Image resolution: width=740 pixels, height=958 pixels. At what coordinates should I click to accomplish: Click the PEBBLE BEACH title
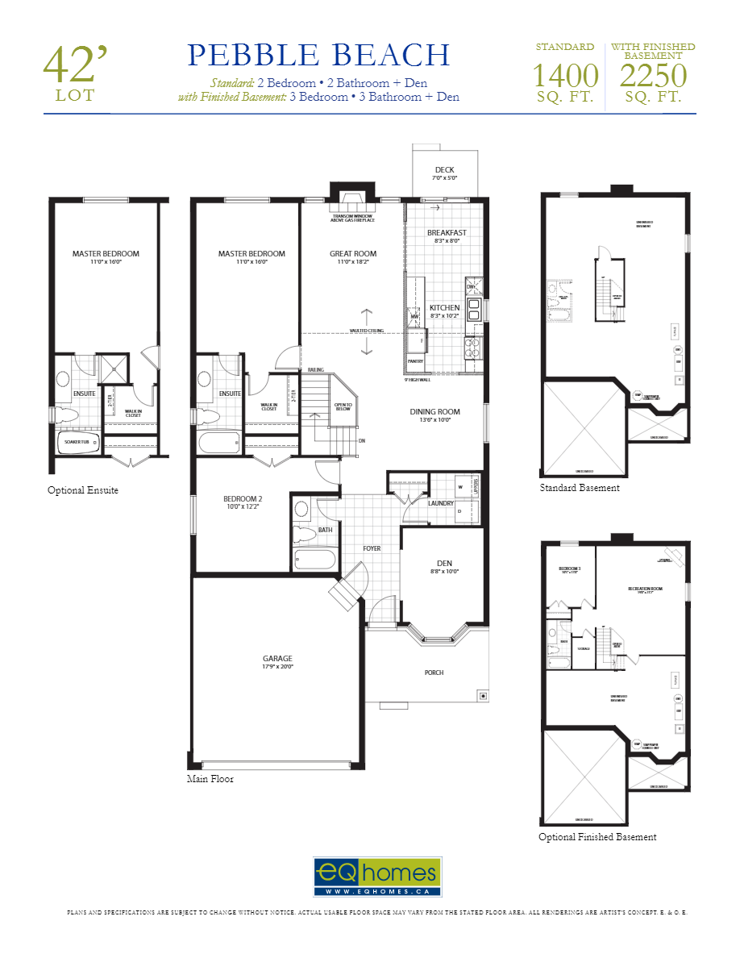318,55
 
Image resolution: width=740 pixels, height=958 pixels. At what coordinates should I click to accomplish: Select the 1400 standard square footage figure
565,76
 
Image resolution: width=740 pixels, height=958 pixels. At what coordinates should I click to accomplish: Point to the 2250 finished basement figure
653,76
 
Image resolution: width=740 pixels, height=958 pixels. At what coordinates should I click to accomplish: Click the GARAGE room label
277,658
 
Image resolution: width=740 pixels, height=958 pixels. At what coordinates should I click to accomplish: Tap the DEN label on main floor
444,563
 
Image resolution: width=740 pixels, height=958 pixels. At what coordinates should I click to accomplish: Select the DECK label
444,169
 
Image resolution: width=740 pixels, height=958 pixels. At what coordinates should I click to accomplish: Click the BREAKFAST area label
447,232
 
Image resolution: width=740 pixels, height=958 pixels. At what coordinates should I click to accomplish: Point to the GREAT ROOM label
352,253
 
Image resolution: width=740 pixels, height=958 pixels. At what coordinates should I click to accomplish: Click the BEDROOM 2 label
243,498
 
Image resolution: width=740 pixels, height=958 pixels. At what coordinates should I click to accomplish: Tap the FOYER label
372,548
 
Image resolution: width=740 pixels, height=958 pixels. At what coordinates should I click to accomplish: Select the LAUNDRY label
441,503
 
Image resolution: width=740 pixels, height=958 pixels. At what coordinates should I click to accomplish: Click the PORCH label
434,672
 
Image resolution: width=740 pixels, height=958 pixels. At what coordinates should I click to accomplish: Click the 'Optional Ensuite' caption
83,490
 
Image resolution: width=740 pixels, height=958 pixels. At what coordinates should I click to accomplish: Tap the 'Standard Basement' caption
580,488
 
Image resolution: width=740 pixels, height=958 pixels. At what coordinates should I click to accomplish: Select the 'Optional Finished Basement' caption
597,837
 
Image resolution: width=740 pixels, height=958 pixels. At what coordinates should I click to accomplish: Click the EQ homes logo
377,877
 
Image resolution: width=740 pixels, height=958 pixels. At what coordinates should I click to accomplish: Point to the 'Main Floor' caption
210,779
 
